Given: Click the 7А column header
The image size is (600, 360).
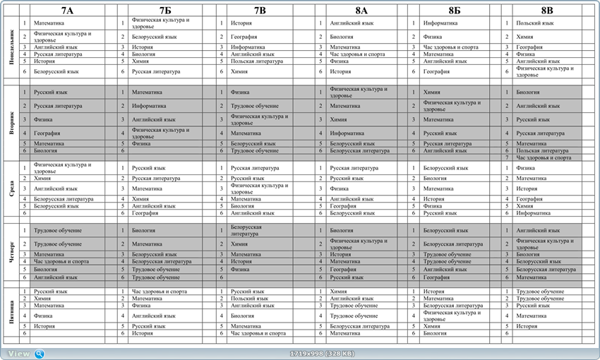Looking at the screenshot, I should tap(67, 11).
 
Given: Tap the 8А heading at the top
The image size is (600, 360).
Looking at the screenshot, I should tap(361, 11).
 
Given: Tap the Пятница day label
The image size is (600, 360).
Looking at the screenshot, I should tap(12, 311).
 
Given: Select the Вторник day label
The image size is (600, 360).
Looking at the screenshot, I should tap(12, 120).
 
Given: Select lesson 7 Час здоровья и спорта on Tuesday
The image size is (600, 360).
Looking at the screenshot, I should tap(544, 157).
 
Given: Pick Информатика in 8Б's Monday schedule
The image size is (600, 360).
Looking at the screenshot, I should tap(440, 23).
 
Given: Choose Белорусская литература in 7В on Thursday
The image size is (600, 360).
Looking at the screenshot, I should tap(246, 230).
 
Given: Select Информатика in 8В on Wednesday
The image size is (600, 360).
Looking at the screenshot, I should tap(533, 212).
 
